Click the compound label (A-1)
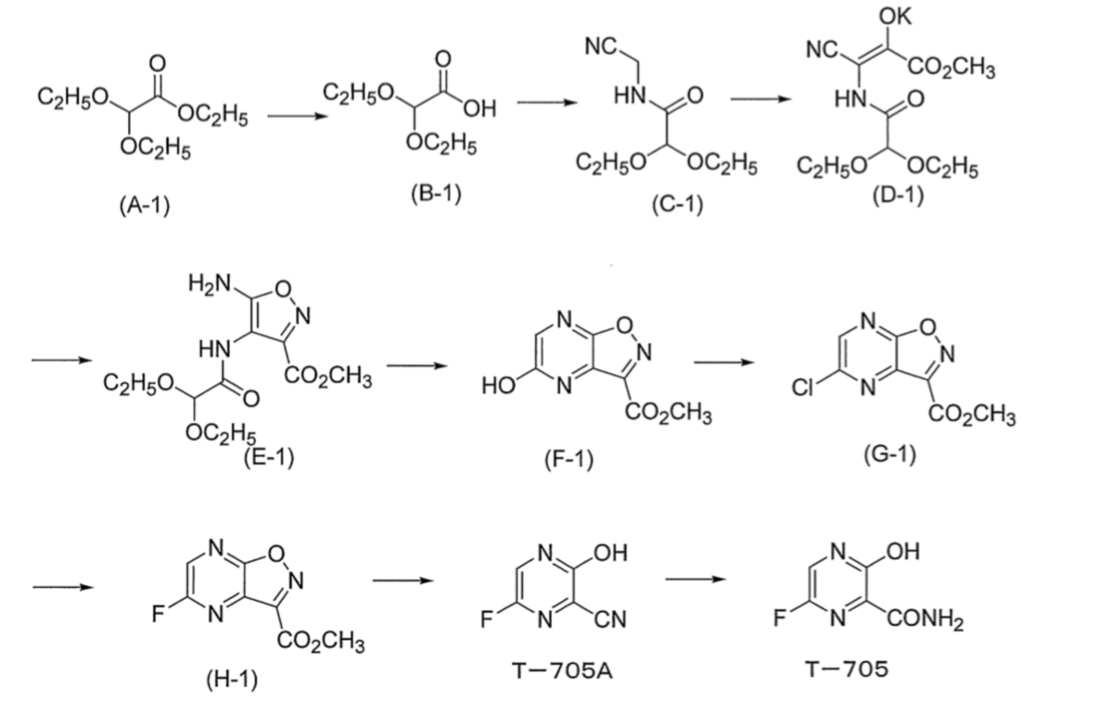coord(145,206)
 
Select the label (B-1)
coord(436,193)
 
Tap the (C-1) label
coord(678,205)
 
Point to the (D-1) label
coord(899,196)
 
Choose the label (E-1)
coord(269,457)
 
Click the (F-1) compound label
coord(569,460)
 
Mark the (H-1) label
coord(232,680)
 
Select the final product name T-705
coord(847,669)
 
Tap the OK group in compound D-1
coord(895,17)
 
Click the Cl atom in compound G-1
coord(803,388)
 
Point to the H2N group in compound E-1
coord(210,284)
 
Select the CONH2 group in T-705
coord(926,620)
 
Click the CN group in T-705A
coord(609,619)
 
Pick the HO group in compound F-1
coord(499,386)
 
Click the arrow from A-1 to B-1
coord(298,117)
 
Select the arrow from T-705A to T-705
coord(697,580)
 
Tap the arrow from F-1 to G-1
coord(724,363)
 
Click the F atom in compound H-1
coord(158,614)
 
